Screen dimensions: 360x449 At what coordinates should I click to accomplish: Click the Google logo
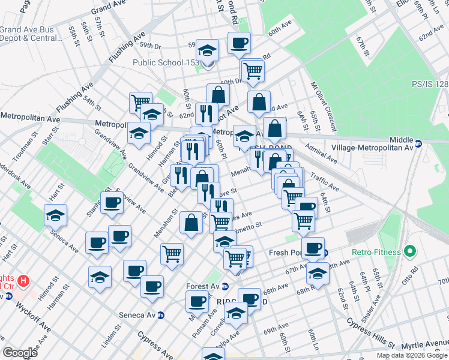[20, 353]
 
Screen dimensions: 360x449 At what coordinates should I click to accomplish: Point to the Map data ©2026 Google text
[412, 355]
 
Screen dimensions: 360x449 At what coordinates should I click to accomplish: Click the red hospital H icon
[23, 280]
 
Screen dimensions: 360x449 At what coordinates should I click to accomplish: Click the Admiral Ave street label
[321, 154]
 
